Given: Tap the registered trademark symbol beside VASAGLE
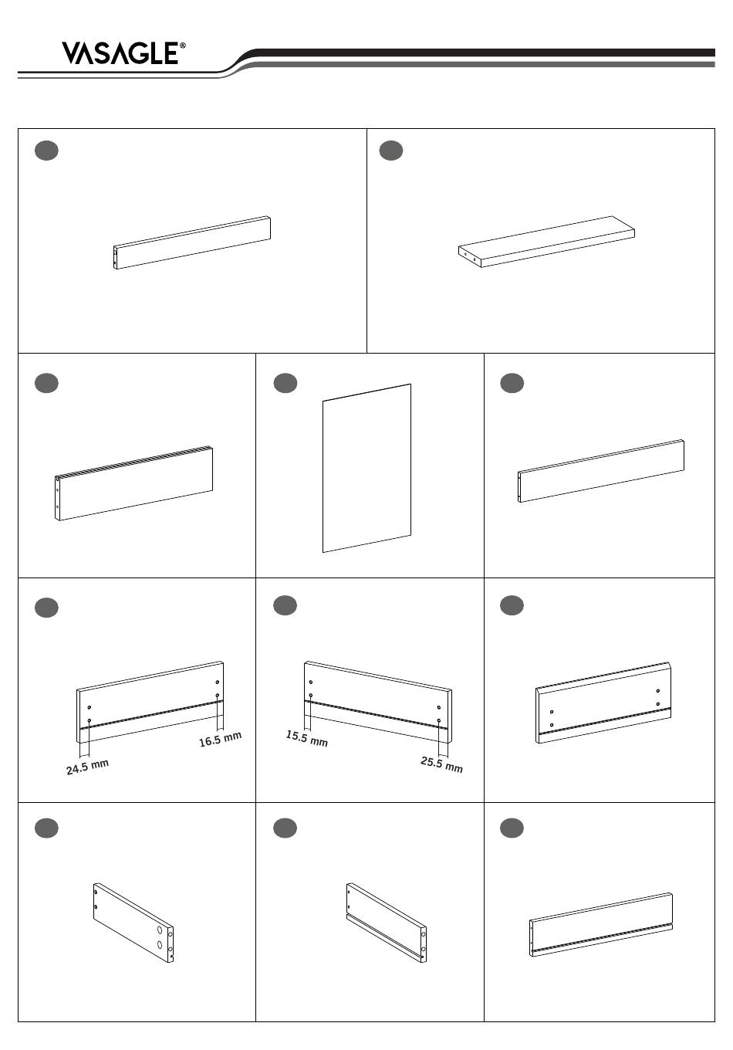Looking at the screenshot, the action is pyautogui.click(x=182, y=46).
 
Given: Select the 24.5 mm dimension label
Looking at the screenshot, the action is pyautogui.click(x=88, y=767).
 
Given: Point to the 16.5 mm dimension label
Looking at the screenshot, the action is pyautogui.click(x=220, y=739).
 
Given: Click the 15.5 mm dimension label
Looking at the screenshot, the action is pyautogui.click(x=307, y=738).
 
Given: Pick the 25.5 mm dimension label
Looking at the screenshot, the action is pyautogui.click(x=441, y=764).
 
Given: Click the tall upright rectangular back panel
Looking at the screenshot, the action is pyautogui.click(x=366, y=469).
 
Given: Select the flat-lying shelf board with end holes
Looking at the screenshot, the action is pyautogui.click(x=546, y=242).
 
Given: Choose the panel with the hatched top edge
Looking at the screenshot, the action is pyautogui.click(x=134, y=483).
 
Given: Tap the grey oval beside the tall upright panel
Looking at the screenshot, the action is pyautogui.click(x=285, y=383).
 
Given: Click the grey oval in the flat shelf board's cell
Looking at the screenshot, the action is pyautogui.click(x=391, y=151).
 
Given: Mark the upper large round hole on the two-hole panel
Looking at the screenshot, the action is pyautogui.click(x=160, y=930).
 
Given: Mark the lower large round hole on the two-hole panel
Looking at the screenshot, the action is pyautogui.click(x=160, y=945).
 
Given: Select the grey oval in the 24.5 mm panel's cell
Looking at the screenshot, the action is pyautogui.click(x=46, y=608).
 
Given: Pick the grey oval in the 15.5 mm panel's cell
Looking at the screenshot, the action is pyautogui.click(x=285, y=605).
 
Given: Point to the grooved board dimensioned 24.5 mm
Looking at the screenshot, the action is pyautogui.click(x=150, y=702).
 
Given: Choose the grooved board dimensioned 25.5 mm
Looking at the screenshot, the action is pyautogui.click(x=378, y=702).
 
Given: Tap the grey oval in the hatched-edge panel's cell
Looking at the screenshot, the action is pyautogui.click(x=46, y=383).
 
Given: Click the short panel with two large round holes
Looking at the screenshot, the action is pyautogui.click(x=133, y=923).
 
